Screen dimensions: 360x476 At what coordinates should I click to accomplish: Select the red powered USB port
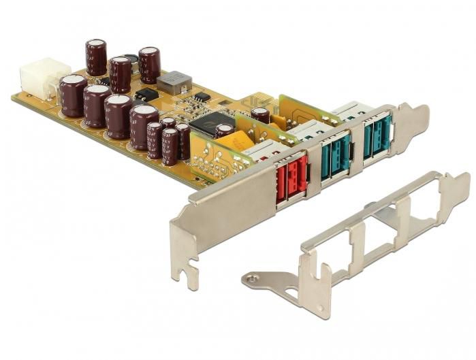[x=291, y=177]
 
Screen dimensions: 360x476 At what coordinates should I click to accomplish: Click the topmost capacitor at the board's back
[x=96, y=56]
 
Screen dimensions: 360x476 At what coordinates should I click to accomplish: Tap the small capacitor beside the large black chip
[x=224, y=130]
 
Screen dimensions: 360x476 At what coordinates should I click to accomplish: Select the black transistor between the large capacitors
[x=146, y=95]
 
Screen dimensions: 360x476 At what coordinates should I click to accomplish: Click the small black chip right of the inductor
[x=200, y=97]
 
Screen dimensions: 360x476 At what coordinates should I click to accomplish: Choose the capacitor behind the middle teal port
[x=260, y=114]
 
